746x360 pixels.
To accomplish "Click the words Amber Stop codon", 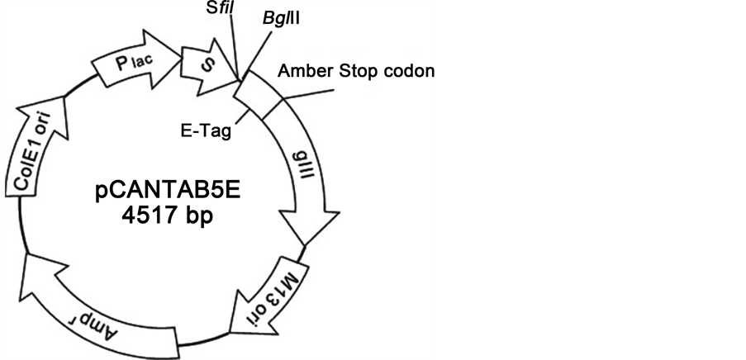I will click(356, 70).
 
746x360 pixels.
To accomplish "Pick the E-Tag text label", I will click(206, 130).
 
